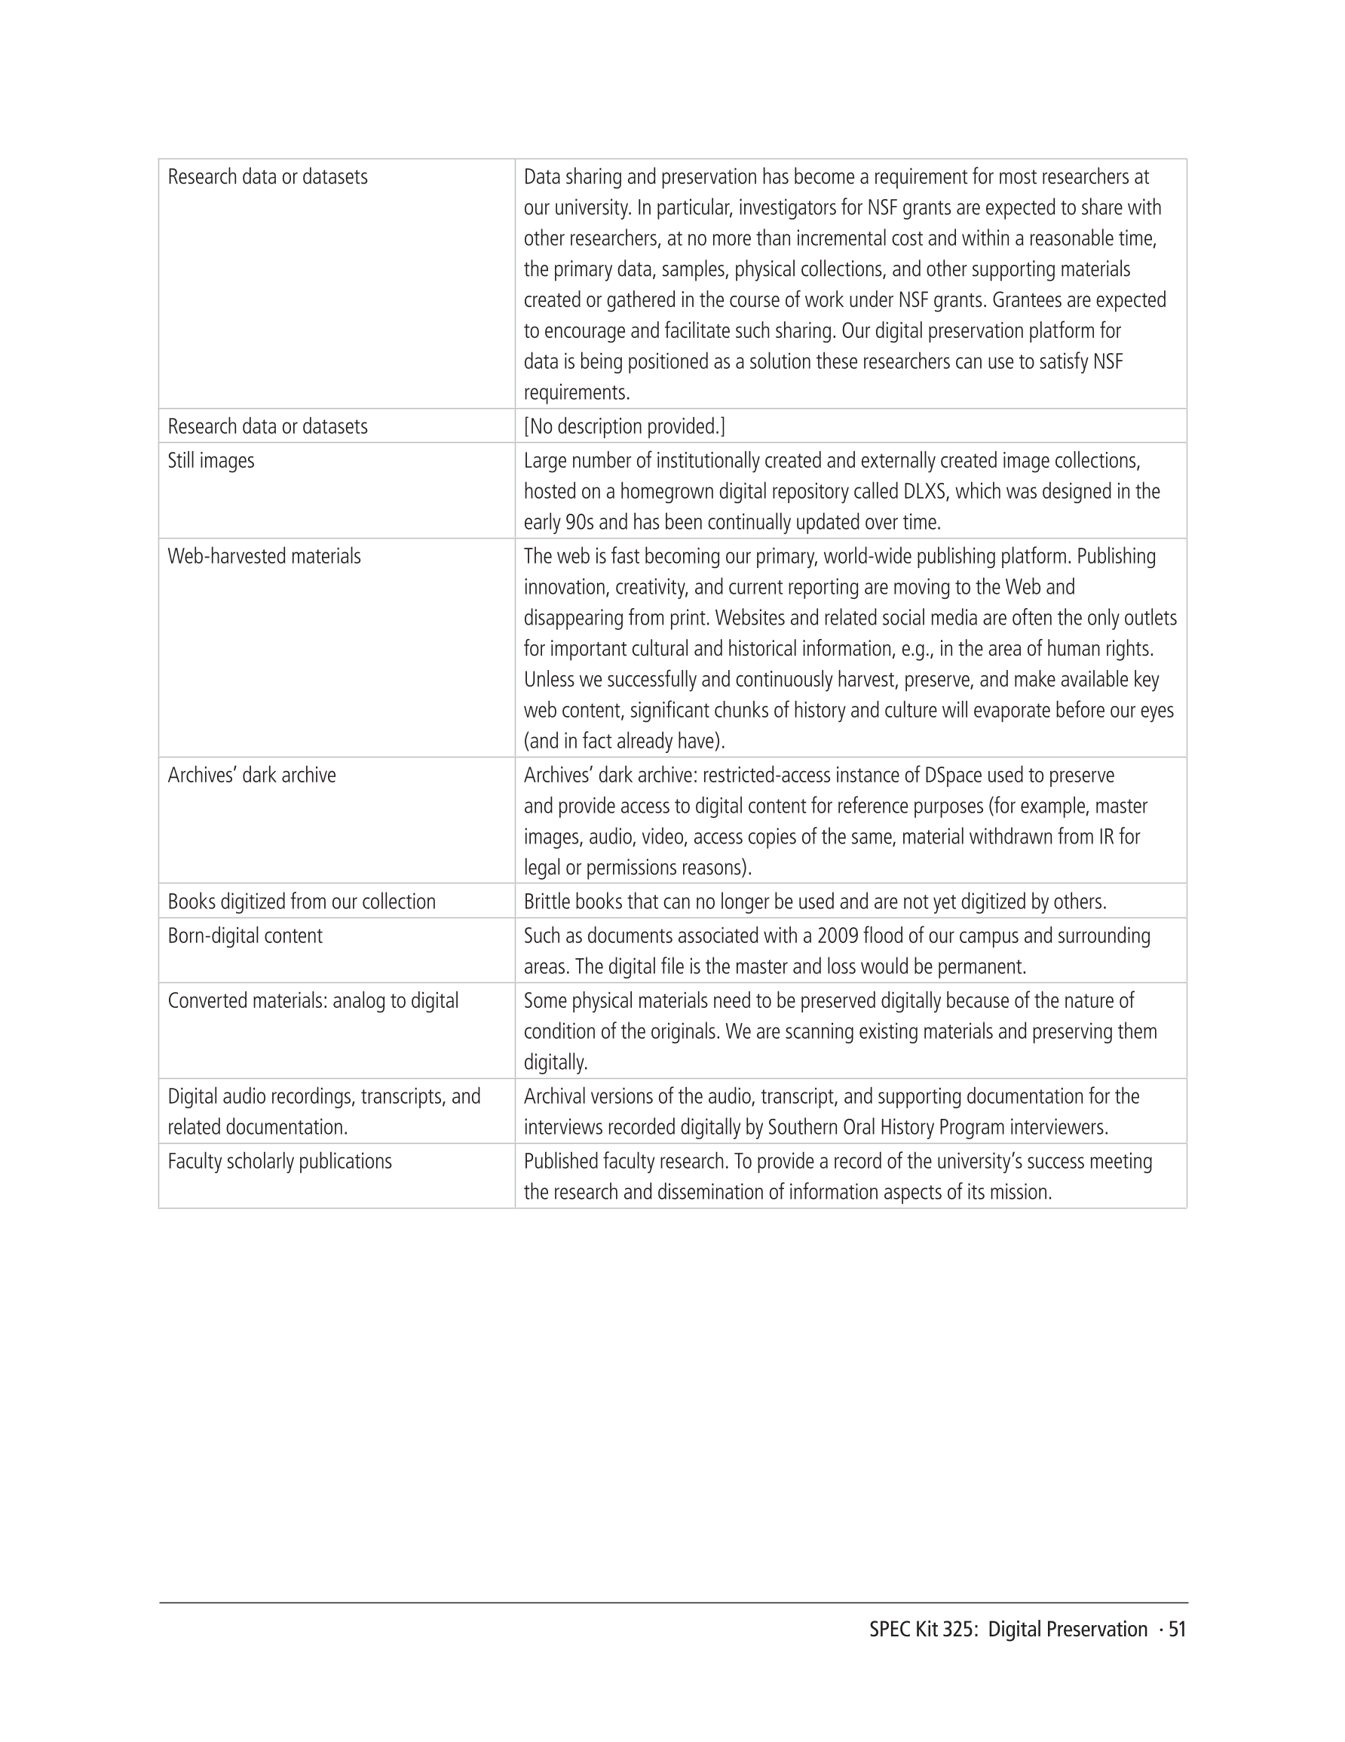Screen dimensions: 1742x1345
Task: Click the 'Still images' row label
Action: (x=210, y=461)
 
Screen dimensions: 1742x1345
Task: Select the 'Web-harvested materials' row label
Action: (x=264, y=557)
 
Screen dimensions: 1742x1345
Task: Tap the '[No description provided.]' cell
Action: (x=624, y=427)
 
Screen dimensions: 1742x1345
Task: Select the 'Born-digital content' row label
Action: (x=245, y=936)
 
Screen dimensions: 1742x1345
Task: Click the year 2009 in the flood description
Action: (x=837, y=936)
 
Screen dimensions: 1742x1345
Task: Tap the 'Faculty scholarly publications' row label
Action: (x=280, y=1161)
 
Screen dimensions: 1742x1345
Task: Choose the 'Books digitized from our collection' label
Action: (x=302, y=902)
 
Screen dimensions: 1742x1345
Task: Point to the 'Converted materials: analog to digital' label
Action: (x=313, y=1001)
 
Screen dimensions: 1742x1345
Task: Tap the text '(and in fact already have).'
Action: (x=624, y=742)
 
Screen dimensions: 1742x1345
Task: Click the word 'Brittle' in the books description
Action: (x=546, y=902)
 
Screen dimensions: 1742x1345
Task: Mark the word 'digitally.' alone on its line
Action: (x=555, y=1063)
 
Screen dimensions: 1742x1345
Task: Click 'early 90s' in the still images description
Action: (x=559, y=524)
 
